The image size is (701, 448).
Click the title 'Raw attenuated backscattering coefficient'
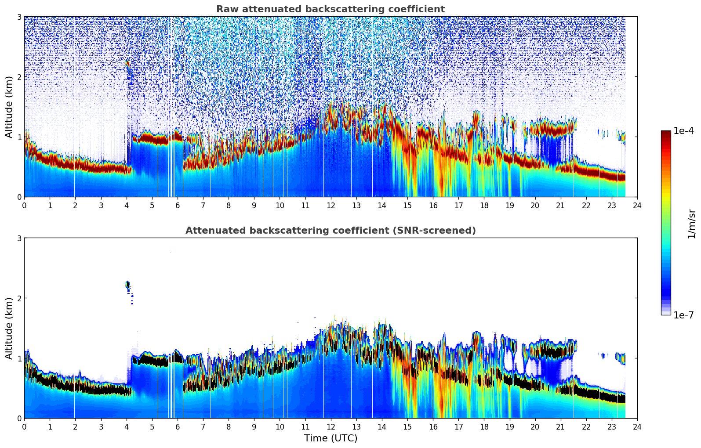click(x=331, y=9)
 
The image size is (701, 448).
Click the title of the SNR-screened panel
click(x=331, y=231)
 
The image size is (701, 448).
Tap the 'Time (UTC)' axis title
click(x=331, y=438)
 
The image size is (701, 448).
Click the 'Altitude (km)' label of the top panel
click(x=9, y=107)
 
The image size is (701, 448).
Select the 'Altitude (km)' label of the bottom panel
click(x=9, y=328)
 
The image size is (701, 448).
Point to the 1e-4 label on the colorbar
click(x=683, y=131)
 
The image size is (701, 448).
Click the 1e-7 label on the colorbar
click(x=683, y=315)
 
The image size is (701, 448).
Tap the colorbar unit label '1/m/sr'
click(x=691, y=224)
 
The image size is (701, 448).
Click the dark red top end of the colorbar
click(x=666, y=133)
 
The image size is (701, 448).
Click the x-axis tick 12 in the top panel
click(x=331, y=205)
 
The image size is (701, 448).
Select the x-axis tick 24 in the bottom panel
click(x=637, y=426)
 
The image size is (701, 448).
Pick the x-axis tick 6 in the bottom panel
click(x=178, y=426)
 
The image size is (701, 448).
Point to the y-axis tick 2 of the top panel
click(x=19, y=77)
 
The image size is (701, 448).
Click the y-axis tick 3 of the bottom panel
click(x=19, y=238)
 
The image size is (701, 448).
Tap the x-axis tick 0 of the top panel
click(x=24, y=205)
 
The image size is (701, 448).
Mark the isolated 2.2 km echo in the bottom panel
click(x=127, y=286)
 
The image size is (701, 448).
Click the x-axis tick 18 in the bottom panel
click(x=484, y=426)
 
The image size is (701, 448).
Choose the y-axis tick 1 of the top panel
click(x=19, y=137)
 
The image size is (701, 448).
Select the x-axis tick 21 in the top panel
click(x=560, y=205)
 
